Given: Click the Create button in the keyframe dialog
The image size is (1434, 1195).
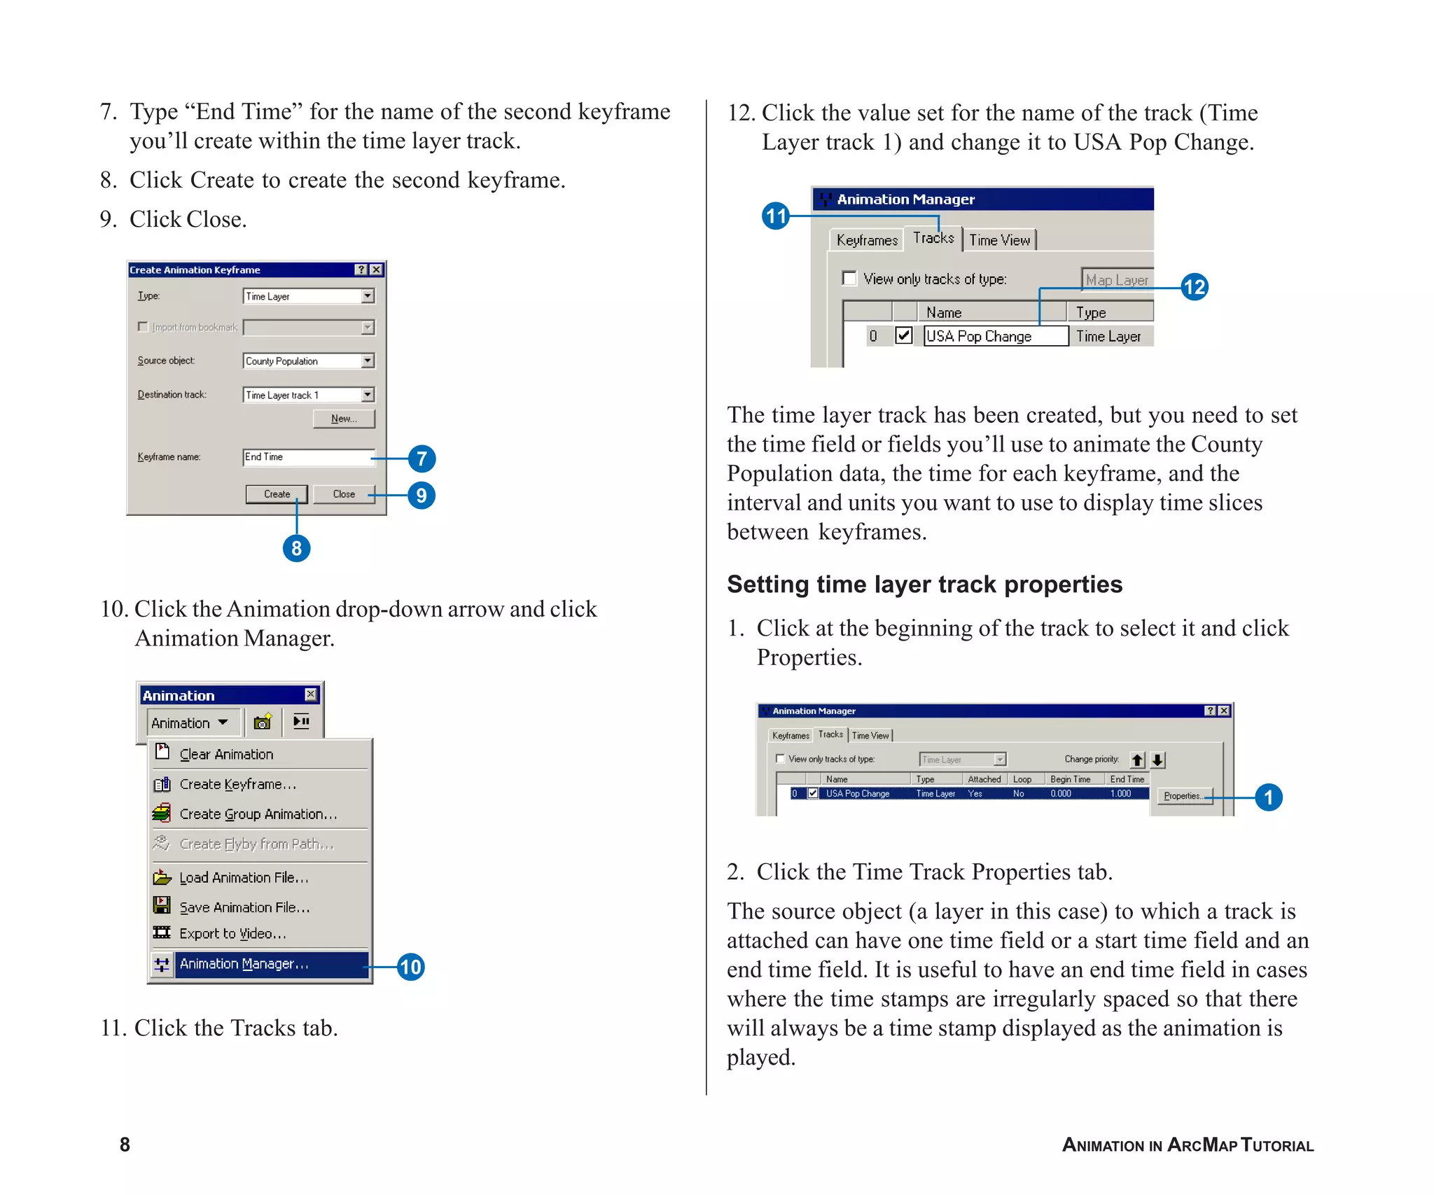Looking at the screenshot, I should coord(277,494).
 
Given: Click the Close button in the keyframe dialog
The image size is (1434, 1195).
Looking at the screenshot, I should coord(343,494).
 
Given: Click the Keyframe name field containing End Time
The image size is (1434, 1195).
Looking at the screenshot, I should coord(307,457).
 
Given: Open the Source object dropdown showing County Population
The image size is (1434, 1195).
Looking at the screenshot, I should coord(368,361).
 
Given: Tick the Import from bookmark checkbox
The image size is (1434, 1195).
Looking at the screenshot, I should coord(143,327).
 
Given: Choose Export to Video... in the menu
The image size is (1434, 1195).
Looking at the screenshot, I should coord(232,934).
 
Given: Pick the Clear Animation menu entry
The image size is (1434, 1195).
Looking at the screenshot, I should coord(226,755).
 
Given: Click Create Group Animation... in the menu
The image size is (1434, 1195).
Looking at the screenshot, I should coord(258,814).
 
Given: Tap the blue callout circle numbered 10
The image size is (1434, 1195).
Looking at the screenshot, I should coord(410,967).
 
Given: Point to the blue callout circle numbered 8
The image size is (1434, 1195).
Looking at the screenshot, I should coord(296,548).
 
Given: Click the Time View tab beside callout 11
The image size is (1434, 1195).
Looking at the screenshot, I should coord(999,240).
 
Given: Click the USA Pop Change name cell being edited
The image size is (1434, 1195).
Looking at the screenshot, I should coord(994,337).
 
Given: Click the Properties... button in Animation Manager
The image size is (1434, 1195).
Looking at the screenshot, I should coord(1184,796).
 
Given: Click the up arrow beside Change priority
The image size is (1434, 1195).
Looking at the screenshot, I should coord(1138,760).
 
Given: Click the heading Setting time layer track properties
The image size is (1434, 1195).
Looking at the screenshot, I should coord(924,585).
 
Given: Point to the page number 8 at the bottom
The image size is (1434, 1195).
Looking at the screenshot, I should coord(125,1145).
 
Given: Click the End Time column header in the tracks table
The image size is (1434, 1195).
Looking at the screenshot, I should coord(1127,779).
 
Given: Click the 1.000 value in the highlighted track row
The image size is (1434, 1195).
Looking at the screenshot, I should coord(1120,794).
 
